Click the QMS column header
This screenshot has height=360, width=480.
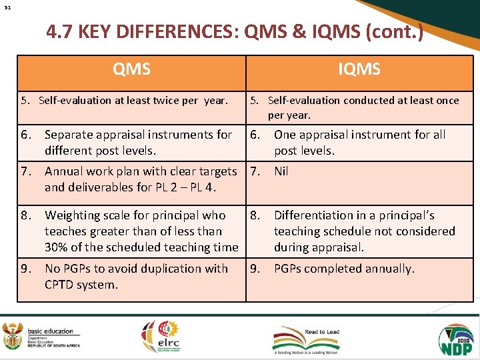(131, 69)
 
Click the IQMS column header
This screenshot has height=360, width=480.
(359, 69)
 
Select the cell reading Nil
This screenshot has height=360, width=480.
(281, 171)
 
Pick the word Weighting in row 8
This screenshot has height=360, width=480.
(71, 215)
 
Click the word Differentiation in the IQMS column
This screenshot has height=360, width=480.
(315, 215)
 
